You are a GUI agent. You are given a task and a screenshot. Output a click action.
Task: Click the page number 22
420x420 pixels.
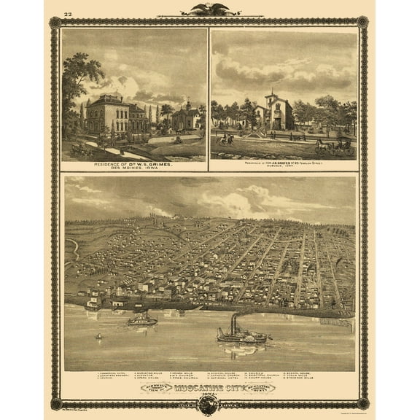(68, 14)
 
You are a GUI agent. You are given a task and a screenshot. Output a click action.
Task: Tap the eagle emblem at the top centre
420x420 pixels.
(209, 9)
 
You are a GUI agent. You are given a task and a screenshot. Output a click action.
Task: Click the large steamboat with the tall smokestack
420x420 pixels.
(241, 335)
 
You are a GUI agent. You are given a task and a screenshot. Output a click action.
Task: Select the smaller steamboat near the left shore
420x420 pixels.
(142, 319)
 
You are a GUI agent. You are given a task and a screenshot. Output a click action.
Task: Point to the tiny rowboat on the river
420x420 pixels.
(98, 337)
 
